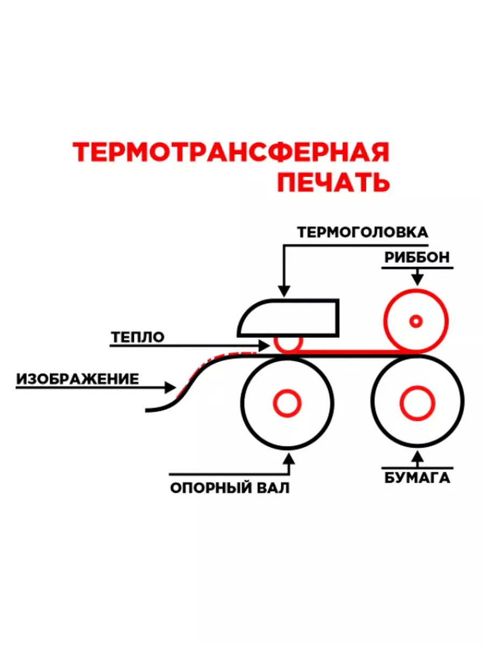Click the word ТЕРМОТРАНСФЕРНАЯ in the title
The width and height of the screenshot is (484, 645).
231,152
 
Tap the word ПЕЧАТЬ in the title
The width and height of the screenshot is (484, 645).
333,183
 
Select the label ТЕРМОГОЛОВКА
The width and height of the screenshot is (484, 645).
363,232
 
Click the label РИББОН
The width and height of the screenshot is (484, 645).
417,257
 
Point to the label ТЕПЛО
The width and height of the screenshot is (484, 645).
138,337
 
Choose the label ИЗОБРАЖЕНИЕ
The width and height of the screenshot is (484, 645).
77,379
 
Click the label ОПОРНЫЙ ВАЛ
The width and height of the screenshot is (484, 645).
230,488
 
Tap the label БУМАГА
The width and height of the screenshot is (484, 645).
417,478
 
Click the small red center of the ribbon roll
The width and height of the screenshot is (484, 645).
416,321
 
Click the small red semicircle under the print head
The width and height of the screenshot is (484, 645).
288,343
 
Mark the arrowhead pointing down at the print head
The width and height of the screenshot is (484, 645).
283,290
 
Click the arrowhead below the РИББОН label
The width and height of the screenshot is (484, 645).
417,279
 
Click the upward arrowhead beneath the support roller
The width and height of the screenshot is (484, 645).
290,458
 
